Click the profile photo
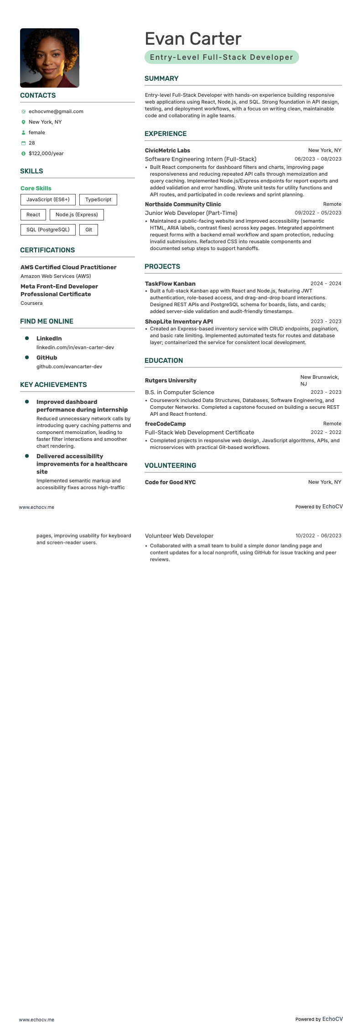point(50,58)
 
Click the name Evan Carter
point(193,39)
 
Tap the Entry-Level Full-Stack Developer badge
point(222,57)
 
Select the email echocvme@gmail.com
point(56,111)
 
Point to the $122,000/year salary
point(46,153)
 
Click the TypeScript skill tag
point(98,199)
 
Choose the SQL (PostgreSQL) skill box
point(48,230)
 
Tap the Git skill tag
point(88,230)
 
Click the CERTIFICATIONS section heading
point(47,250)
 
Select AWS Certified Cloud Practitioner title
point(68,267)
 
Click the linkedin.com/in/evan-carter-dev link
point(75,347)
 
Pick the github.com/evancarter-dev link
point(69,366)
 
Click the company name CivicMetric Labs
point(167,151)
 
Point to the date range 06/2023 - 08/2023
point(318,159)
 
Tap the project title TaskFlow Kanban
point(170,284)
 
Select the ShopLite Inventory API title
point(179,322)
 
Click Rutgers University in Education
point(171,381)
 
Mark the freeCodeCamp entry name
point(165,424)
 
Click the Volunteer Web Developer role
point(179,536)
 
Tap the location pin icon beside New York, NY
point(23,122)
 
